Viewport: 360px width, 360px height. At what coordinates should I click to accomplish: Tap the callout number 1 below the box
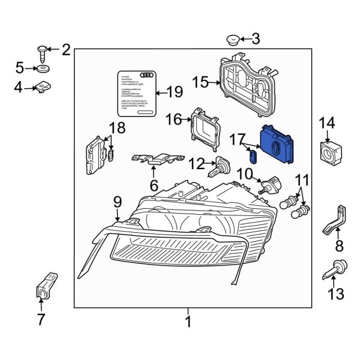tap(188, 322)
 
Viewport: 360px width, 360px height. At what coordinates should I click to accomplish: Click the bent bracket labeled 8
tap(335, 220)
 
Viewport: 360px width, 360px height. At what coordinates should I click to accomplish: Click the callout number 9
tap(118, 202)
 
